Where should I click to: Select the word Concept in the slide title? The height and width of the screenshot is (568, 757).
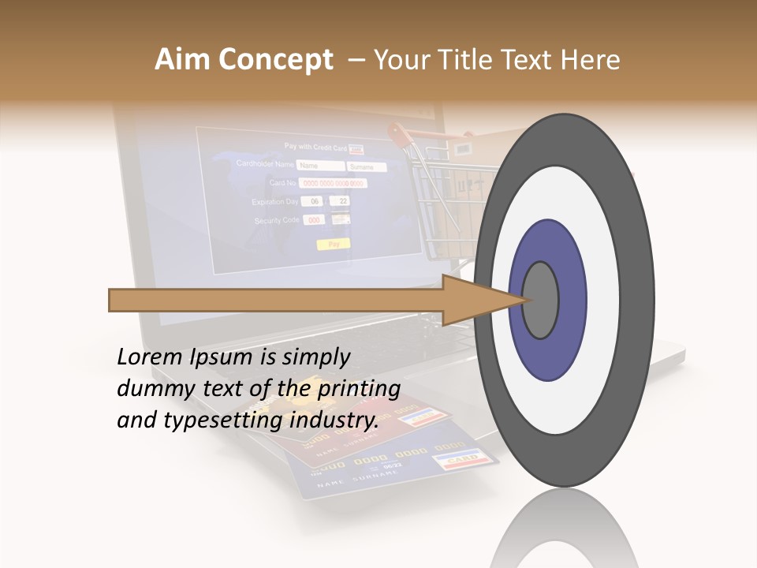point(275,60)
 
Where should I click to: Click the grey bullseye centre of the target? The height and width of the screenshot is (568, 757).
point(541,300)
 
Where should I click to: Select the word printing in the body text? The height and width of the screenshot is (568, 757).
point(359,389)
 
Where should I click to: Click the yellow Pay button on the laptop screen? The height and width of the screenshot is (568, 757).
point(334,245)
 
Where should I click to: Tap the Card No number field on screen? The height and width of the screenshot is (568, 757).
point(334,183)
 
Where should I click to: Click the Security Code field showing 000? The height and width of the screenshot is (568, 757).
point(314,220)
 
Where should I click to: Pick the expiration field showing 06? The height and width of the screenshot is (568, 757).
point(312,201)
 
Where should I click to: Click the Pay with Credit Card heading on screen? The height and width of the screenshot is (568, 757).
point(315,147)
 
